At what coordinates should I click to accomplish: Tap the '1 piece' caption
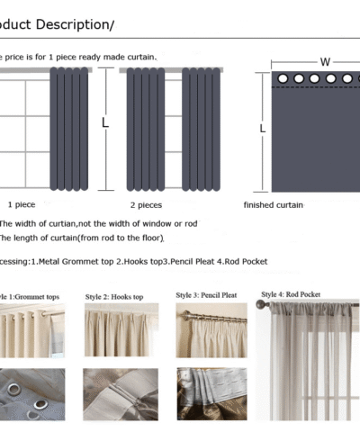click(x=22, y=205)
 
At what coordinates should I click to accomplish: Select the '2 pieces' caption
click(x=145, y=205)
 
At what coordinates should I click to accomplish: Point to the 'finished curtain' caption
click(x=274, y=205)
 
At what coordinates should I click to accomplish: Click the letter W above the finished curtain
click(x=325, y=62)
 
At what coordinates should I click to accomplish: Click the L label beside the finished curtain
click(x=263, y=129)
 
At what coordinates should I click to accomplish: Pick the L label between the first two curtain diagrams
click(x=104, y=121)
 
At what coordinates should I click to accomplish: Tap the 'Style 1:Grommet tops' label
click(x=32, y=296)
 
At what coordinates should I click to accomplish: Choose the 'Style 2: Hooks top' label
click(x=115, y=296)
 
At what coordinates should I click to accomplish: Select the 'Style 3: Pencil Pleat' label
click(x=206, y=294)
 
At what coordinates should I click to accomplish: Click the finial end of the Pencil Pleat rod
click(x=183, y=316)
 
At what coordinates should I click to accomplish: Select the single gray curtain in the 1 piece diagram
click(x=69, y=126)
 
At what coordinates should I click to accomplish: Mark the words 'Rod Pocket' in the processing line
click(x=247, y=261)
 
